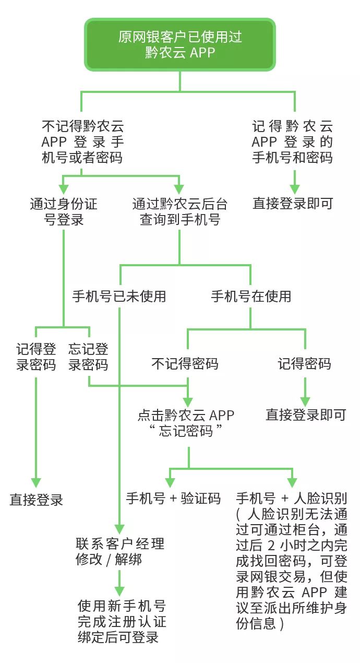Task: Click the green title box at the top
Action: point(180,44)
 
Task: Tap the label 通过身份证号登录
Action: point(64,211)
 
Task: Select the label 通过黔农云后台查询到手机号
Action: point(180,211)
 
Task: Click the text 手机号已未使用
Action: point(119,297)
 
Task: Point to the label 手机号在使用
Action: point(251,297)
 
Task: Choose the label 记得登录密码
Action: point(36,357)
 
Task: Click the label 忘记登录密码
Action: point(88,357)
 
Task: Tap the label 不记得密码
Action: point(185,364)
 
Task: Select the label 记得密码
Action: point(304,364)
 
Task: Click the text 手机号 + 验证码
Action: point(173,498)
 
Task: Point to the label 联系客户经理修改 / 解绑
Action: point(120,551)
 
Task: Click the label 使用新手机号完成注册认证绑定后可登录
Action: point(122,622)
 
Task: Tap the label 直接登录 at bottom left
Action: point(36,500)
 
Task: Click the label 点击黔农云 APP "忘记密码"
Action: point(186,423)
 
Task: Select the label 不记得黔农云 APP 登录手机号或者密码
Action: point(82,141)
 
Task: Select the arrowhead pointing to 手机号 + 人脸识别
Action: point(292,481)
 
